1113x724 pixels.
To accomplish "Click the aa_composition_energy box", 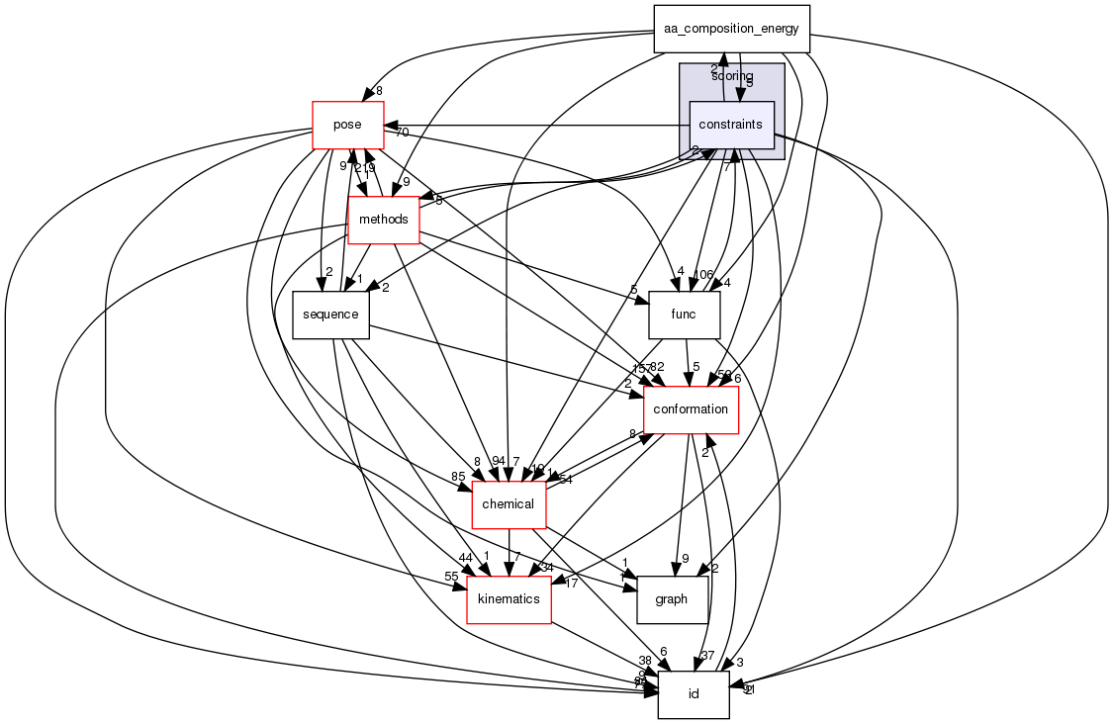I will [x=732, y=29].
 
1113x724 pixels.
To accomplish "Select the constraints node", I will [x=731, y=125].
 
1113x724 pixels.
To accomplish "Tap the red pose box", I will [x=347, y=125].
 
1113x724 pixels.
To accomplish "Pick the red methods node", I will [x=383, y=219].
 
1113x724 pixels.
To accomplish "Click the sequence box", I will [x=330, y=314].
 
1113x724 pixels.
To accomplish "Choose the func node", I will [x=684, y=315].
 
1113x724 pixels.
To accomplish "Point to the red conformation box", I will [x=691, y=408].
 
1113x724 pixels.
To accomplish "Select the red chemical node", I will [x=509, y=504].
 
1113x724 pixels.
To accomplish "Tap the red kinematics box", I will [x=509, y=599].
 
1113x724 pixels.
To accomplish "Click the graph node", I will [x=672, y=599].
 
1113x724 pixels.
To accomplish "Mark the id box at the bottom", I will [x=694, y=693].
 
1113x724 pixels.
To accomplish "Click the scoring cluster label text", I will [x=732, y=76].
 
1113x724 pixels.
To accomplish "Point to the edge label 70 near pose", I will [x=402, y=132].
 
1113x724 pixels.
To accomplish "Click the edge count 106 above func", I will [x=703, y=274].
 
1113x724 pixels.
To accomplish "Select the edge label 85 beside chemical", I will [x=458, y=477].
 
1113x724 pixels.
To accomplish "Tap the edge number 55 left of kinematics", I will [x=451, y=576].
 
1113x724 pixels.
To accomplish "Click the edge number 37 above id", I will [x=706, y=655].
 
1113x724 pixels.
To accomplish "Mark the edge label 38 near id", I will [x=644, y=661].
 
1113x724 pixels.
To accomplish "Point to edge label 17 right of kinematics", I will [x=570, y=583].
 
